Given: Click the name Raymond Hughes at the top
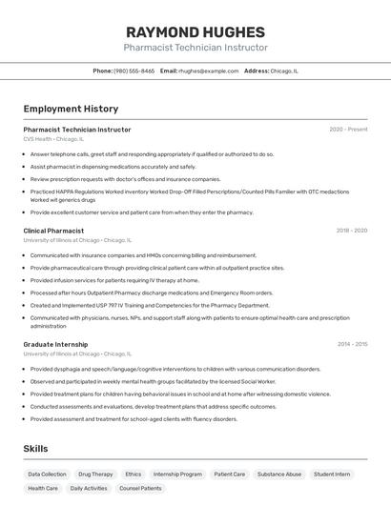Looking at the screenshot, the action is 195,31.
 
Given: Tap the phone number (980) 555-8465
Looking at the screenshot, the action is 134,71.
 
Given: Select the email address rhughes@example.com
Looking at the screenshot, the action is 208,71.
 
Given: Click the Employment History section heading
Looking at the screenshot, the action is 71,109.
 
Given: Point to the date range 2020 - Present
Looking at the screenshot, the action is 348,130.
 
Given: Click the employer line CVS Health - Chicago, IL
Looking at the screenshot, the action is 53,139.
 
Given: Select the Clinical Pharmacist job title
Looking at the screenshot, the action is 53,231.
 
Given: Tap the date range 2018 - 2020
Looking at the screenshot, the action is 351,231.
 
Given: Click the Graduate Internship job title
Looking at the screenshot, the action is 55,344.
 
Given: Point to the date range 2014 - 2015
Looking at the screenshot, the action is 352,344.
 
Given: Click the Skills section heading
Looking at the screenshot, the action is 35,449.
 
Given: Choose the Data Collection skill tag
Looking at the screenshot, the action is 47,474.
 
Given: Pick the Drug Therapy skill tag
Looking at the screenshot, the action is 95,474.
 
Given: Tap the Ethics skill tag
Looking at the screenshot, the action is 134,474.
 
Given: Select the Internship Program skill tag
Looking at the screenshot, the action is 177,474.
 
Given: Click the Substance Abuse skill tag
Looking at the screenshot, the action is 279,474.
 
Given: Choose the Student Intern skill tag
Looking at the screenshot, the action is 332,474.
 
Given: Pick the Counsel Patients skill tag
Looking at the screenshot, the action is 140,488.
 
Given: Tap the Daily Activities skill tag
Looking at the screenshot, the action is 89,488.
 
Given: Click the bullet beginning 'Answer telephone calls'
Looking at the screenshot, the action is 152,153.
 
